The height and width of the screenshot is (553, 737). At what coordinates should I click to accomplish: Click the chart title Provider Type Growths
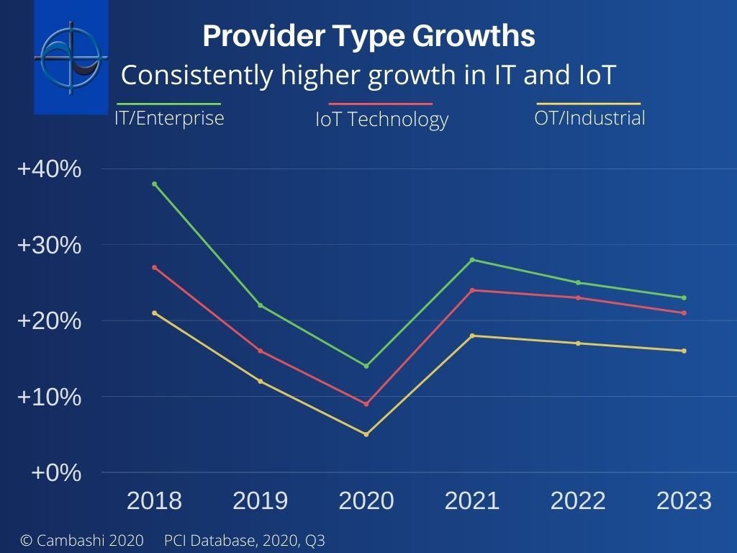tap(368, 36)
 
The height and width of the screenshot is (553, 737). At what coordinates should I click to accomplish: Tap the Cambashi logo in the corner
tap(71, 56)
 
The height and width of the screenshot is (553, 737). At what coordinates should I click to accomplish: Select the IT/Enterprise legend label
tap(169, 117)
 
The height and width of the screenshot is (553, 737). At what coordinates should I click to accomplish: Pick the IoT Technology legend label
tap(381, 119)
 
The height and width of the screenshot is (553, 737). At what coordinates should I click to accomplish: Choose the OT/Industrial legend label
tap(589, 117)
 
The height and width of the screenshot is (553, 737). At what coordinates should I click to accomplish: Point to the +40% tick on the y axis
tap(49, 169)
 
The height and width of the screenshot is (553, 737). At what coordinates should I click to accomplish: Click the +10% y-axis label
tap(49, 397)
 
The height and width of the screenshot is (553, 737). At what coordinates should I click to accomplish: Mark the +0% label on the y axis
tap(55, 473)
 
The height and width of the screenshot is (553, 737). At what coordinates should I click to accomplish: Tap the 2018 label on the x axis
tap(154, 500)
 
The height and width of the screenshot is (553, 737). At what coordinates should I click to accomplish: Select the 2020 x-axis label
tap(366, 500)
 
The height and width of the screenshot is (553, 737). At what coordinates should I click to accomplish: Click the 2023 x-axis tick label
tap(684, 500)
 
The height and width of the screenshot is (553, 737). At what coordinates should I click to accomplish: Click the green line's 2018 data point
tap(155, 184)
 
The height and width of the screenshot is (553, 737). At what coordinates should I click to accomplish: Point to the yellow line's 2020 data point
tap(366, 434)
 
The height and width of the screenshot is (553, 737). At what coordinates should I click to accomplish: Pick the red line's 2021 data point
tap(472, 290)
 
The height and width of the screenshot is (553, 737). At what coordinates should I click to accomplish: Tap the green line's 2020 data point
tap(366, 366)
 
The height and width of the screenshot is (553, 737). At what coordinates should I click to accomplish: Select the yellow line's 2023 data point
tap(684, 351)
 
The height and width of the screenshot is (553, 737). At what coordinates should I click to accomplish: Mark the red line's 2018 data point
tap(155, 267)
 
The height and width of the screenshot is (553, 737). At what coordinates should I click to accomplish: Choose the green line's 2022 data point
tap(578, 282)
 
